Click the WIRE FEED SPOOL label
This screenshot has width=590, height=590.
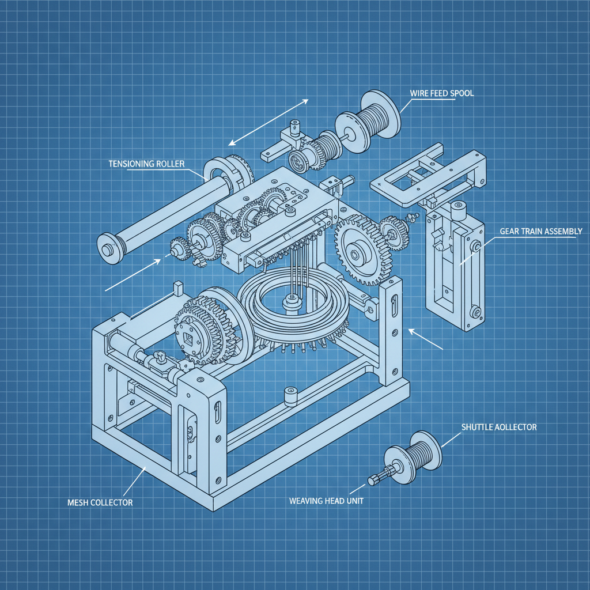pyautogui.click(x=441, y=93)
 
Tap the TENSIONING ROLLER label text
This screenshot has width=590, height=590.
pyautogui.click(x=146, y=164)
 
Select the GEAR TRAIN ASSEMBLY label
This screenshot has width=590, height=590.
pyautogui.click(x=540, y=231)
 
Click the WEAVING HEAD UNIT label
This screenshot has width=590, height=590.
pyautogui.click(x=326, y=501)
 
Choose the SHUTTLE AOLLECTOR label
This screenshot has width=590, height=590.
pyautogui.click(x=499, y=427)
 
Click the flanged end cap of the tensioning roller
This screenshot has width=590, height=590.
pyautogui.click(x=108, y=247)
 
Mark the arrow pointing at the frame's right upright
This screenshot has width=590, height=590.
pyautogui.click(x=426, y=340)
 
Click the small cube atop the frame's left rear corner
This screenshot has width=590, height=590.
pyautogui.click(x=177, y=287)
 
